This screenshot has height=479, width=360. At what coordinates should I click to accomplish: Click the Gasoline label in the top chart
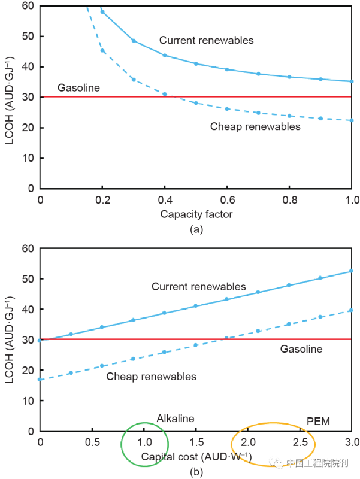point(78,88)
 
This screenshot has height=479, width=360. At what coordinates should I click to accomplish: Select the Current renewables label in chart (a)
point(206,41)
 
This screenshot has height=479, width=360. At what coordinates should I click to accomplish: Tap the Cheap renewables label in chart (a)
point(255,126)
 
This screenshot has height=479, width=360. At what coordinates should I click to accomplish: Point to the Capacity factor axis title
point(195,214)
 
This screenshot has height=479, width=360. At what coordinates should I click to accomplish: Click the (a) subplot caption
point(196,229)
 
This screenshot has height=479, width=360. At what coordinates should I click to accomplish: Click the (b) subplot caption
point(196,471)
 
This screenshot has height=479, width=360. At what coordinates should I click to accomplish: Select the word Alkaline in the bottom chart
point(176,419)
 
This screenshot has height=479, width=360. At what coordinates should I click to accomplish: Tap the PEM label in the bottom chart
point(319,422)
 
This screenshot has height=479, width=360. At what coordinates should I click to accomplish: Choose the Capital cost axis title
point(196,457)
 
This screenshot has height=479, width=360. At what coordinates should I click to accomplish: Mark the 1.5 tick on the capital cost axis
point(196,442)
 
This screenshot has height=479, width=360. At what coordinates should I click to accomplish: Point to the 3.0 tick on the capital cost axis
point(352,442)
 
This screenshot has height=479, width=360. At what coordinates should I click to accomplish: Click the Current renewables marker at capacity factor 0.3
point(134,41)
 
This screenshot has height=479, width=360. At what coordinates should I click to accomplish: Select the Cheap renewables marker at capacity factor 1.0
point(352,120)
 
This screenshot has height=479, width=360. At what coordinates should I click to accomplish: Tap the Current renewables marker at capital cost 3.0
point(352,271)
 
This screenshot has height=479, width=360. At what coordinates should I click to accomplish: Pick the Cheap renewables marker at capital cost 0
point(40,379)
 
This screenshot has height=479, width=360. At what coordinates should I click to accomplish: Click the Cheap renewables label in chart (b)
point(151,377)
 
